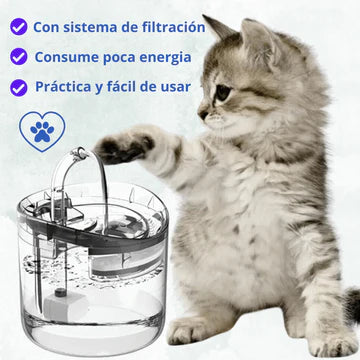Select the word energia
(165, 58)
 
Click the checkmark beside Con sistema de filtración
(19, 27)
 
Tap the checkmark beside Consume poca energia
(19, 56)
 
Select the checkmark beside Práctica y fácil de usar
(19, 88)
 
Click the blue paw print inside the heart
(42, 132)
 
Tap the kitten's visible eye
(223, 92)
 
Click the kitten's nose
(202, 114)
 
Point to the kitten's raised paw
(123, 147)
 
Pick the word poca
(119, 58)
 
